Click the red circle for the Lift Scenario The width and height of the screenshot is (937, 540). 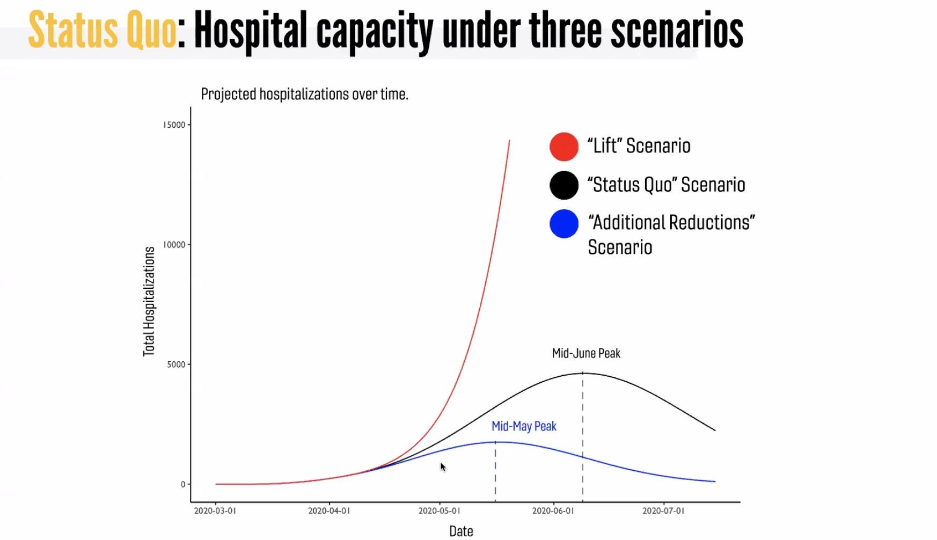tap(563, 147)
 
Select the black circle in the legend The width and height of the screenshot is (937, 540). tap(563, 185)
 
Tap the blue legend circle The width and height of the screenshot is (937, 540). tap(563, 224)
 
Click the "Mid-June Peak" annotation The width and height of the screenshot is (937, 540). tap(586, 353)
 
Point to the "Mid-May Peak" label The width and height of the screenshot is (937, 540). tap(524, 426)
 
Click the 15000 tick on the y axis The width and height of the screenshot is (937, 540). tap(174, 125)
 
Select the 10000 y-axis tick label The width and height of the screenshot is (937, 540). tap(174, 245)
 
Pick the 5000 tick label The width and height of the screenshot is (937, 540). tap(176, 364)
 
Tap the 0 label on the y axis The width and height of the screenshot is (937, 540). tap(182, 484)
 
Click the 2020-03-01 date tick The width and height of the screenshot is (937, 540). tap(215, 511)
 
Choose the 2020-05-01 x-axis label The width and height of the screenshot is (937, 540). tap(439, 511)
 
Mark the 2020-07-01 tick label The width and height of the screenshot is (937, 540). tap(663, 511)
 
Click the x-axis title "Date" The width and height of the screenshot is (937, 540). tap(461, 531)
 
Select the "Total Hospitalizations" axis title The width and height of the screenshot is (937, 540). tap(149, 301)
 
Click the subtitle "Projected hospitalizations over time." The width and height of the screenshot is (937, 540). tap(304, 94)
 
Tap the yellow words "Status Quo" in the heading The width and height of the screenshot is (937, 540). tap(102, 31)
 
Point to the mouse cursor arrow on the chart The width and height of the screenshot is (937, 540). tap(443, 467)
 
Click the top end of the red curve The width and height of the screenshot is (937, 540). tap(509, 141)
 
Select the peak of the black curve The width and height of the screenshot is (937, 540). tap(583, 373)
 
